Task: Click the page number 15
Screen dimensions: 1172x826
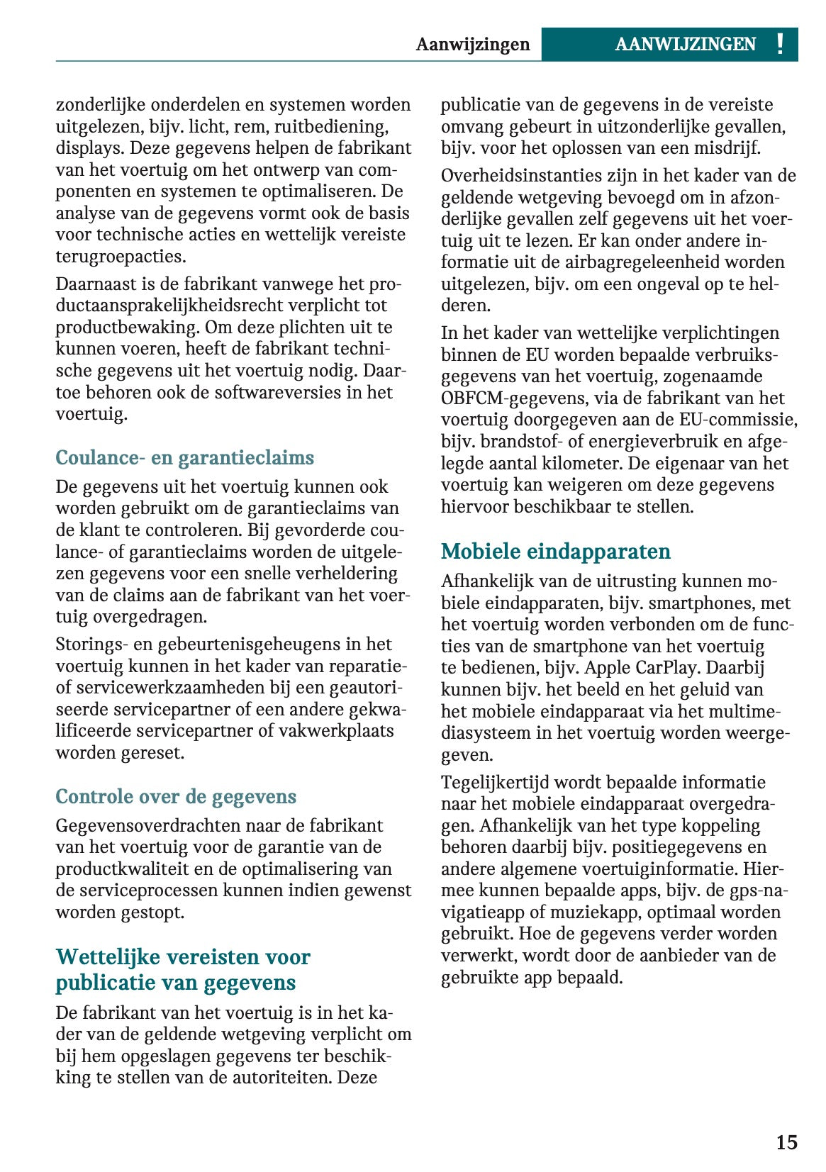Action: [x=786, y=1142]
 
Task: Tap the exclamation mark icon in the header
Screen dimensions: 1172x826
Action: [x=780, y=44]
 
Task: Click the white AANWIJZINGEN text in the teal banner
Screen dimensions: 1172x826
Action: [x=685, y=44]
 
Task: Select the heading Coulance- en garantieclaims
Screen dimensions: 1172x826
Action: [x=184, y=457]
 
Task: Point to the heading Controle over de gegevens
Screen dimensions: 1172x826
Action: [x=176, y=796]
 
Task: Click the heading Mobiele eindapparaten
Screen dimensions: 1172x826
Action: [x=555, y=551]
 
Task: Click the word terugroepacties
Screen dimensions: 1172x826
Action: [x=120, y=256]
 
